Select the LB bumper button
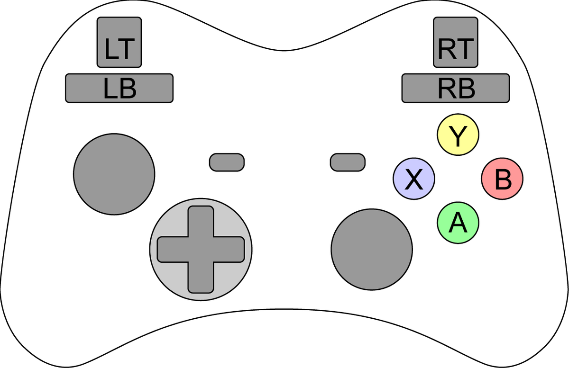pyautogui.click(x=119, y=88)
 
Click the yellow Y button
pyautogui.click(x=458, y=135)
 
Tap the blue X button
pyautogui.click(x=414, y=179)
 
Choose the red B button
pyautogui.click(x=503, y=179)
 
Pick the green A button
pyautogui.click(x=458, y=223)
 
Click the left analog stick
pyautogui.click(x=114, y=173)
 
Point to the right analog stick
pyautogui.click(x=372, y=249)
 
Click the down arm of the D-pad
pyautogui.click(x=201, y=278)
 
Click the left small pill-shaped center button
pyautogui.click(x=227, y=162)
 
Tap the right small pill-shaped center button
pyautogui.click(x=348, y=162)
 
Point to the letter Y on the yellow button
pyautogui.click(x=458, y=136)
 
